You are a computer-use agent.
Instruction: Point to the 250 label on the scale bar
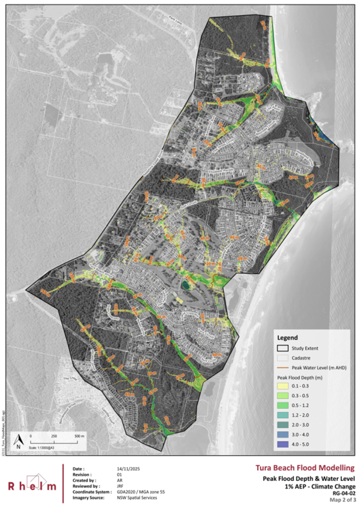[54, 436]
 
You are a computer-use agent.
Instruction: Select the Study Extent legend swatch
[283, 349]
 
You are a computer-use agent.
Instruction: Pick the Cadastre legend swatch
[283, 358]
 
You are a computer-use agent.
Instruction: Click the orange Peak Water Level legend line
[283, 368]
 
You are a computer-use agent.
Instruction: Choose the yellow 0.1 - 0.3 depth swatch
[283, 387]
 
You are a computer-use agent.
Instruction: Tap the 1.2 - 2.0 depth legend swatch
[283, 415]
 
